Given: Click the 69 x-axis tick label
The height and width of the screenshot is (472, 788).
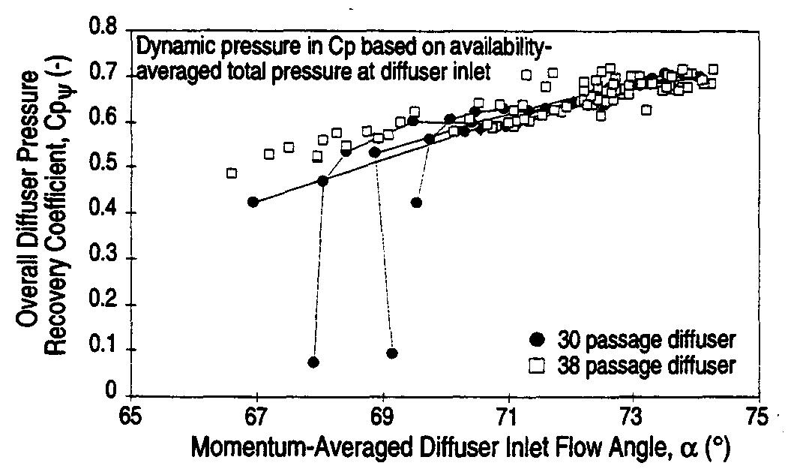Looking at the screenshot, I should tap(382, 415).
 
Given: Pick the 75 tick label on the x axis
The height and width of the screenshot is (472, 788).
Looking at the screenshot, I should tap(757, 415).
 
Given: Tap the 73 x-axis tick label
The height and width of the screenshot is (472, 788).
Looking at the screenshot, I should tap(633, 415).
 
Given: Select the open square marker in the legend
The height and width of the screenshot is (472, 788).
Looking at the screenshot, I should tap(536, 365).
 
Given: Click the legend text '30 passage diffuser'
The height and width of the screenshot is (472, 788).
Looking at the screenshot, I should tap(646, 340).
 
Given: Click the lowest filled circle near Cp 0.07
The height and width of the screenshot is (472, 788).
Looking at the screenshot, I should tap(313, 362).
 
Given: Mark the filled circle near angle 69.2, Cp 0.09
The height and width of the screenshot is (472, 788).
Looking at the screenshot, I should tap(391, 353).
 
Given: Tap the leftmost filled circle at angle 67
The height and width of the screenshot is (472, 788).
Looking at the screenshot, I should tap(253, 202).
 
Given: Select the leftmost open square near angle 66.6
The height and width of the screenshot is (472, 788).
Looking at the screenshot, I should tap(232, 173).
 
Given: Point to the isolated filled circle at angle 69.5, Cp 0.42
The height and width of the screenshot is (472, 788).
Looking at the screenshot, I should tap(416, 203).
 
